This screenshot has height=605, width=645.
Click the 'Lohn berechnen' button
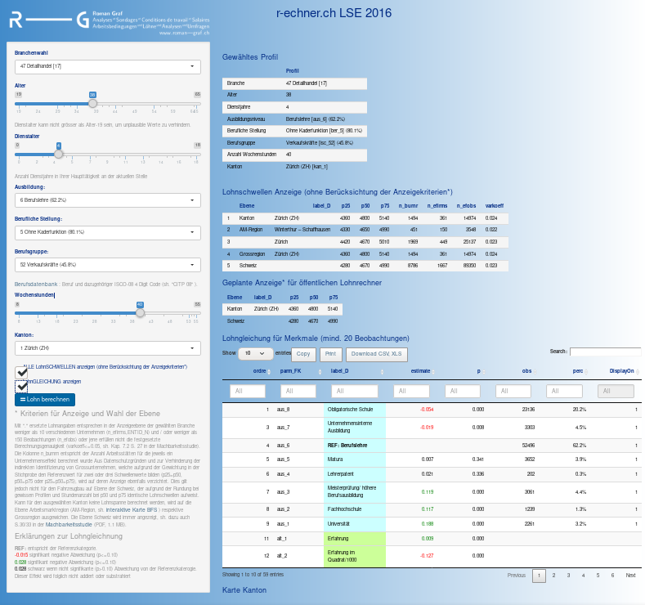click(x=45, y=400)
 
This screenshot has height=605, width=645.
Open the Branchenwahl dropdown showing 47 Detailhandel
click(x=107, y=65)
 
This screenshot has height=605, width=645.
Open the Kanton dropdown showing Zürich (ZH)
click(x=107, y=347)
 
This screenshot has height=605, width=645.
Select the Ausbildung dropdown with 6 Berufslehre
click(x=107, y=199)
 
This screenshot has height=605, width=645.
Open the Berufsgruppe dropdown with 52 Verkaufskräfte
click(x=107, y=265)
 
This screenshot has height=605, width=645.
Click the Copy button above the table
click(x=302, y=354)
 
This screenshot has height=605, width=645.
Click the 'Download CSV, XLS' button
click(x=375, y=354)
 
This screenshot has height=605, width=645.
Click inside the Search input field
click(x=605, y=352)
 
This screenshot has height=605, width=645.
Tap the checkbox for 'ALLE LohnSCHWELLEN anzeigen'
click(x=22, y=372)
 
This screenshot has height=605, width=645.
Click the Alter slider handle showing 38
click(x=92, y=104)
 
